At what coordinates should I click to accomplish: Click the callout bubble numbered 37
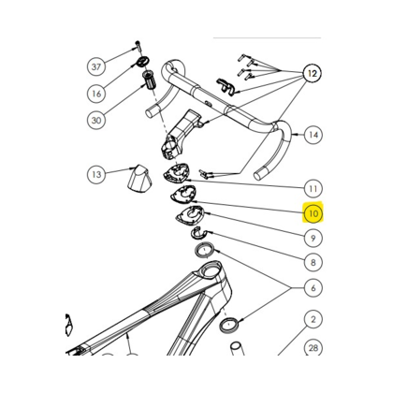96,66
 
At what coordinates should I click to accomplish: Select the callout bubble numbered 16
96,94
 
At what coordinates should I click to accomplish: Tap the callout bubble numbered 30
96,120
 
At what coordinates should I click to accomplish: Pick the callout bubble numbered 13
96,174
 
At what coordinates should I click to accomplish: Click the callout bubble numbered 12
313,73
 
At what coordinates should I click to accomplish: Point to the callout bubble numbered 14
313,135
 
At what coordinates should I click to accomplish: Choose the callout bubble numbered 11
313,188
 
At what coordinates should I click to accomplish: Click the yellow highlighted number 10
313,213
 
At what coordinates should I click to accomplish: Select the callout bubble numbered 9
313,238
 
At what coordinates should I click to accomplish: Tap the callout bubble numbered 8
313,262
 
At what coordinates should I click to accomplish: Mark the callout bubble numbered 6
313,288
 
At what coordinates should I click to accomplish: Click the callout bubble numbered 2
313,319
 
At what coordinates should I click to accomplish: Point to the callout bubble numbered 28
313,347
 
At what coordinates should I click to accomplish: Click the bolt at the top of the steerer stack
138,46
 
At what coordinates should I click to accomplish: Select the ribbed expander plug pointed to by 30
149,81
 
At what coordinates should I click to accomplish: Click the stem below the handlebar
181,134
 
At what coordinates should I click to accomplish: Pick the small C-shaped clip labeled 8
197,234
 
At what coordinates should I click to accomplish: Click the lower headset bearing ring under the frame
229,325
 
